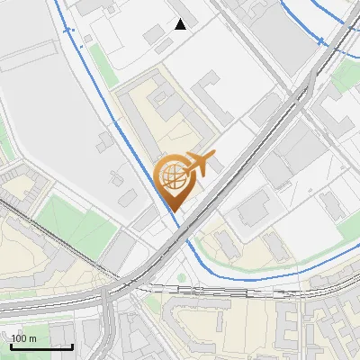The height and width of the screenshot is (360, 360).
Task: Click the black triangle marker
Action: [x=181, y=24]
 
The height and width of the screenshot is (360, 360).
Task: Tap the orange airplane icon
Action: [x=198, y=164]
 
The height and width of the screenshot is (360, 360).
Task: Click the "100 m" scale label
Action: [x=23, y=338]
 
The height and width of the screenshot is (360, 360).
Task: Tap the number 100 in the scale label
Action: [x=19, y=338]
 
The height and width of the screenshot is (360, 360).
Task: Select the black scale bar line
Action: [x=41, y=347]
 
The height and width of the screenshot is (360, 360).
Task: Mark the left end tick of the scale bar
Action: [x=11, y=345]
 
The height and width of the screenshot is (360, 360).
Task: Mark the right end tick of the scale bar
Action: [x=73, y=345]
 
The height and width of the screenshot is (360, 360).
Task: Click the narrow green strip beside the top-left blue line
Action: [x=96, y=62]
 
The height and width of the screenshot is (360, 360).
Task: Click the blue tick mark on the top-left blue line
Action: [x=69, y=30]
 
